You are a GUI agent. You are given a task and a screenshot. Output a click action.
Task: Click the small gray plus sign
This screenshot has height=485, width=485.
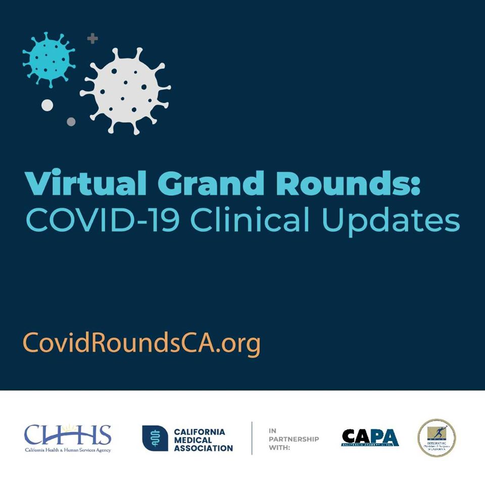92,38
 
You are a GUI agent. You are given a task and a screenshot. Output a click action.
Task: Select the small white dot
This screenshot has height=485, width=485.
47,105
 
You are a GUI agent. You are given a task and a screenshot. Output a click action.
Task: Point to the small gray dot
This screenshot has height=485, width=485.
71,122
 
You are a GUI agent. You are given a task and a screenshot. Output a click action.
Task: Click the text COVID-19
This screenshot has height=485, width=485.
101,221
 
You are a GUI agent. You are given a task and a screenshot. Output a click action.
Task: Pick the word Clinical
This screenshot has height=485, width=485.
253,221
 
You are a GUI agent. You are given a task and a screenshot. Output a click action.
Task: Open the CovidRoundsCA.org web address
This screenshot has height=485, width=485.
142,344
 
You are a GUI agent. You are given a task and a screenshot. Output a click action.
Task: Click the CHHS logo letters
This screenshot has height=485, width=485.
68,435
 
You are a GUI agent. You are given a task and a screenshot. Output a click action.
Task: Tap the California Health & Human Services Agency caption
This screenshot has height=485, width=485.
68,450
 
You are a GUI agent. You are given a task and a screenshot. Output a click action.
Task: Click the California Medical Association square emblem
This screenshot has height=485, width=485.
155,438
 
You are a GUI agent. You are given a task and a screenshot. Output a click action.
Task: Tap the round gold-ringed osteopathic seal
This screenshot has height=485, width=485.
436,438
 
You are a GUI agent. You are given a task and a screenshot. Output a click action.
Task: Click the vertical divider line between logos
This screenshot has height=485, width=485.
252,438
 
